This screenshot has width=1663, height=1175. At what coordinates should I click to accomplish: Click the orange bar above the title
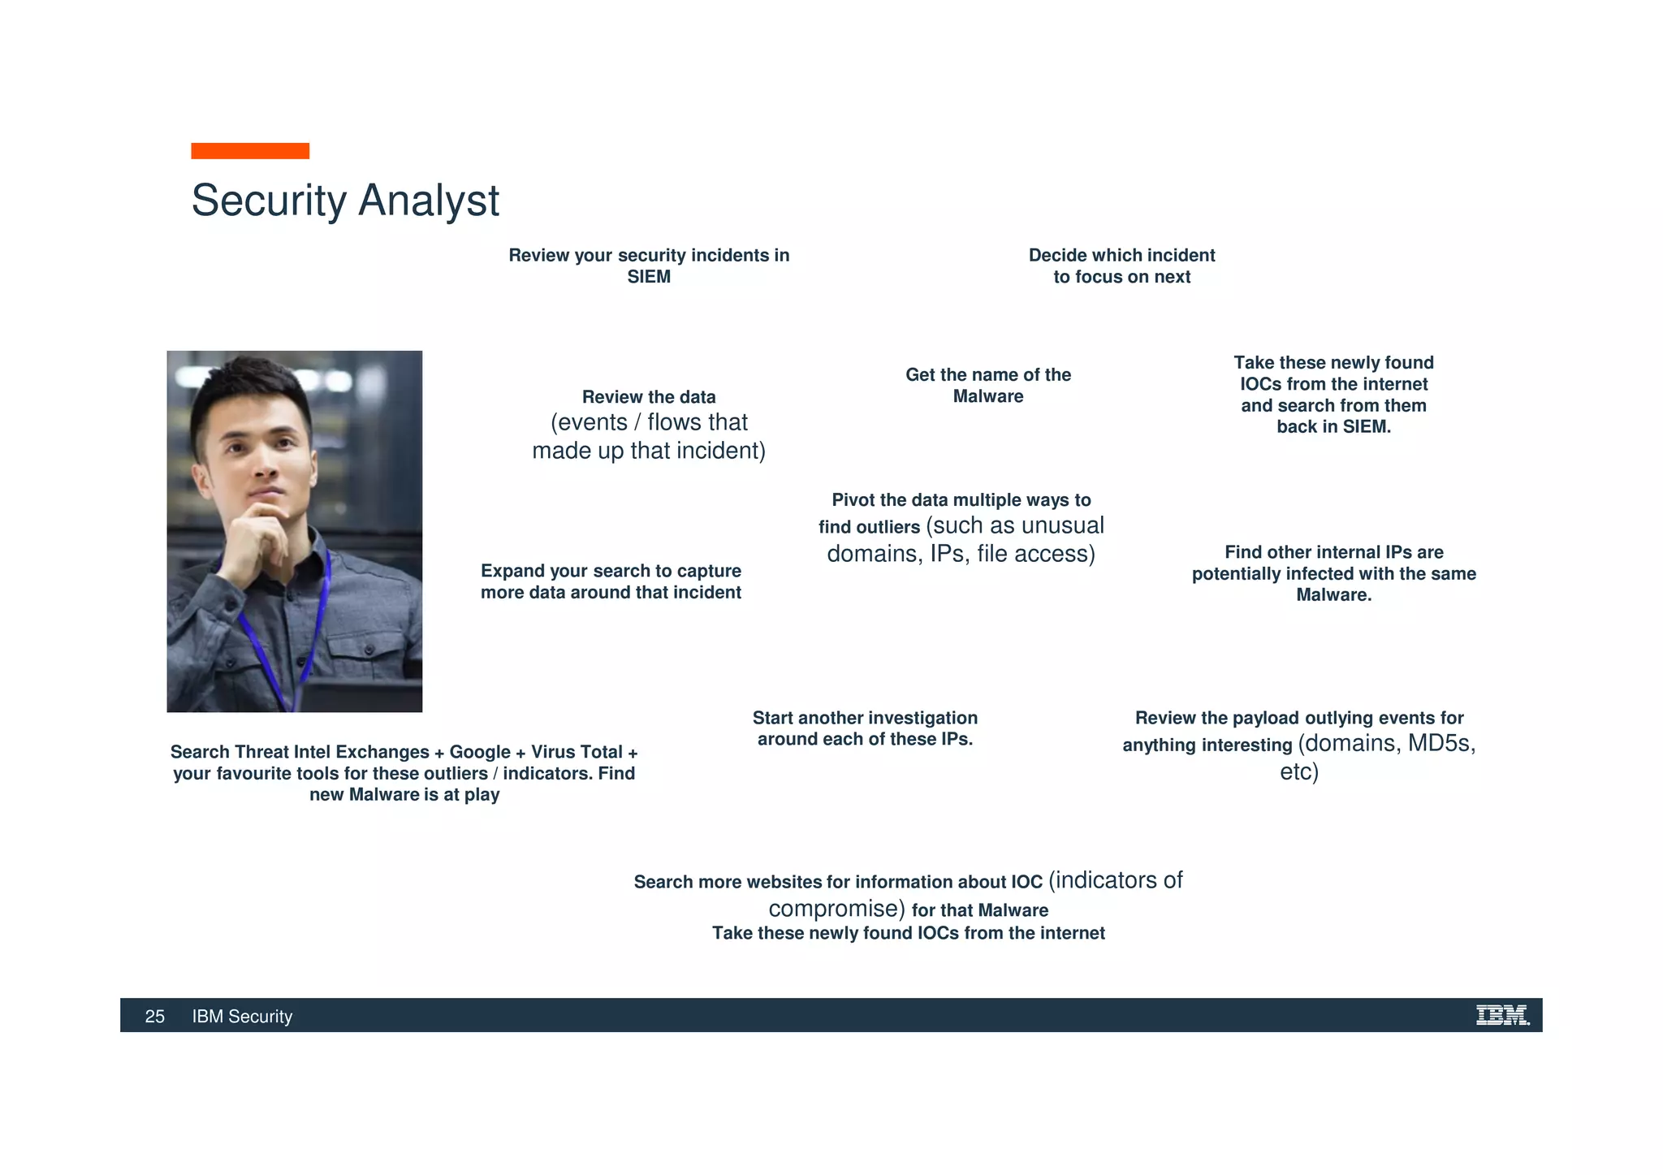[250, 151]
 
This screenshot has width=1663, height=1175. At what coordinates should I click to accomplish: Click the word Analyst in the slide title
[428, 201]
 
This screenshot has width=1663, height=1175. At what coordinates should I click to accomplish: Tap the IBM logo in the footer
[1501, 1015]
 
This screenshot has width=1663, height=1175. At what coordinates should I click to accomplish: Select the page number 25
[154, 1017]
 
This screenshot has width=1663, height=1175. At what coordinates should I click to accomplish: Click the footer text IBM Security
[242, 1017]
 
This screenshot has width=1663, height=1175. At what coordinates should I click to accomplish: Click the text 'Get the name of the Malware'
[987, 386]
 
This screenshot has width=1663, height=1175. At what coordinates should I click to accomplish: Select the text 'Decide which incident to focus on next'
[1121, 266]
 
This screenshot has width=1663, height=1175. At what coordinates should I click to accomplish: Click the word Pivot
[853, 500]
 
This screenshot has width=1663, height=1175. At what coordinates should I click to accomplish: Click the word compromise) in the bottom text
[836, 909]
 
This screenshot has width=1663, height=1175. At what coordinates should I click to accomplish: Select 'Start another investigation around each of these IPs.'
[865, 728]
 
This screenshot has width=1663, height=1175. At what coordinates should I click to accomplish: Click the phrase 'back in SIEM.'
[1333, 427]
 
